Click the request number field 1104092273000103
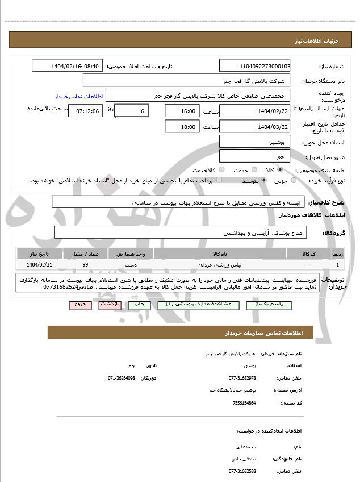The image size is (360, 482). tap(255, 66)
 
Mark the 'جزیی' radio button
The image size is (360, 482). tap(293, 180)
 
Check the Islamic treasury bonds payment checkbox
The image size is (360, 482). tap(220, 180)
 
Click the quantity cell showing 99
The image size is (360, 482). tap(85, 265)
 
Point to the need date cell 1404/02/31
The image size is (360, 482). tap(39, 265)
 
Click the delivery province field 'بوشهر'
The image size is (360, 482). tap(255, 142)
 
